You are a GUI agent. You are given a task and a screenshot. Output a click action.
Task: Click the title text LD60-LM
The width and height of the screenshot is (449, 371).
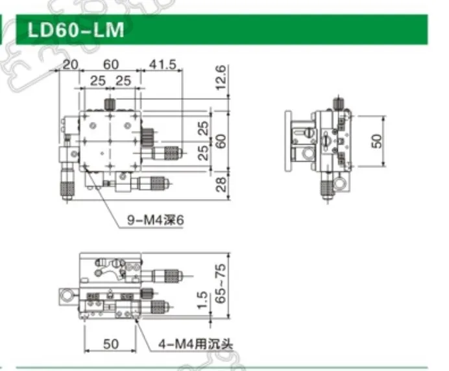click(73, 30)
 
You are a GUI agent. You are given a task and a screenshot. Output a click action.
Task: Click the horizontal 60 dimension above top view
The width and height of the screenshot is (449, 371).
click(111, 64)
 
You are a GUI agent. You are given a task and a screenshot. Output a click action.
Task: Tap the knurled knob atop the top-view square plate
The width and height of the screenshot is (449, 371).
click(111, 104)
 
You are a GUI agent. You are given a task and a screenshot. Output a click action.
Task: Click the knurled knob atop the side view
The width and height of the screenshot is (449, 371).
click(337, 104)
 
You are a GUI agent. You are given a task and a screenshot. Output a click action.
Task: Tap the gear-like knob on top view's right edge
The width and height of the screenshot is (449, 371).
click(147, 139)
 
